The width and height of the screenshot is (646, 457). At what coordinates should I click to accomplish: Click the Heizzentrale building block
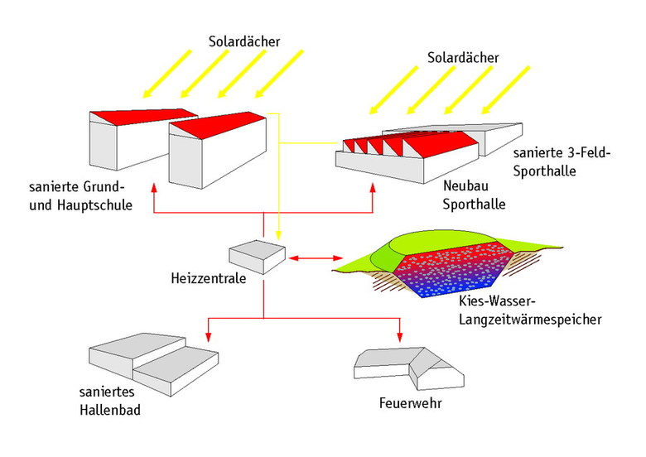point(258,257)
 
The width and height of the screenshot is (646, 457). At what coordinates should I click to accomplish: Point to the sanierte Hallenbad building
point(154,365)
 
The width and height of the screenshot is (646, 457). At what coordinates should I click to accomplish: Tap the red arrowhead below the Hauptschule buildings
point(154,190)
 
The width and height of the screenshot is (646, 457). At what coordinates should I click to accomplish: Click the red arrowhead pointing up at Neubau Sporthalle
point(373,190)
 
